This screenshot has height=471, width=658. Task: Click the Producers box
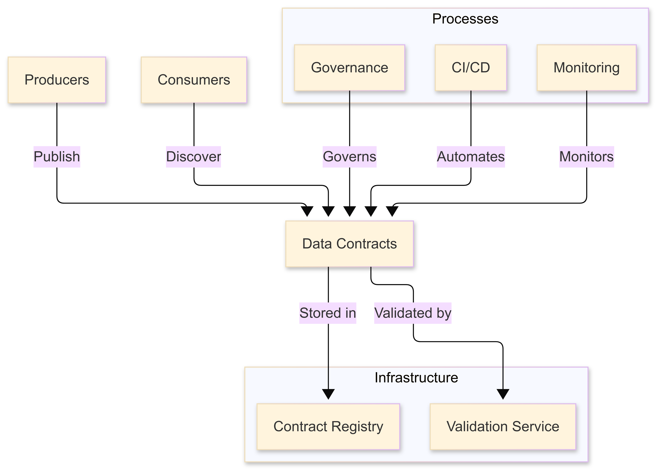pyautogui.click(x=57, y=80)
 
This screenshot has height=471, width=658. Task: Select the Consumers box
pyautogui.click(x=194, y=80)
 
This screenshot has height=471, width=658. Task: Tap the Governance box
pyautogui.click(x=349, y=68)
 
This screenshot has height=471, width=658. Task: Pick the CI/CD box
pyautogui.click(x=471, y=68)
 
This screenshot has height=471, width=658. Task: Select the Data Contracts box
pyautogui.click(x=349, y=244)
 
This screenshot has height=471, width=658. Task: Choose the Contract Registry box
pyautogui.click(x=328, y=426)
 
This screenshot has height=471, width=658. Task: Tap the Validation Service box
pyautogui.click(x=503, y=426)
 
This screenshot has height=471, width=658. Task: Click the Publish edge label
pyautogui.click(x=57, y=157)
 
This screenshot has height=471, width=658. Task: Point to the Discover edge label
pyautogui.click(x=193, y=157)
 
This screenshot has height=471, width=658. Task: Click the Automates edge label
pyautogui.click(x=471, y=157)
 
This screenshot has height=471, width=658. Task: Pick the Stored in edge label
pyautogui.click(x=328, y=313)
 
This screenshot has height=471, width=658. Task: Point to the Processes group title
pyautogui.click(x=465, y=19)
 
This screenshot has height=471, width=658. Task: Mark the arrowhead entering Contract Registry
pyautogui.click(x=328, y=394)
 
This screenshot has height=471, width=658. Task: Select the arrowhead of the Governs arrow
pyautogui.click(x=350, y=211)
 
